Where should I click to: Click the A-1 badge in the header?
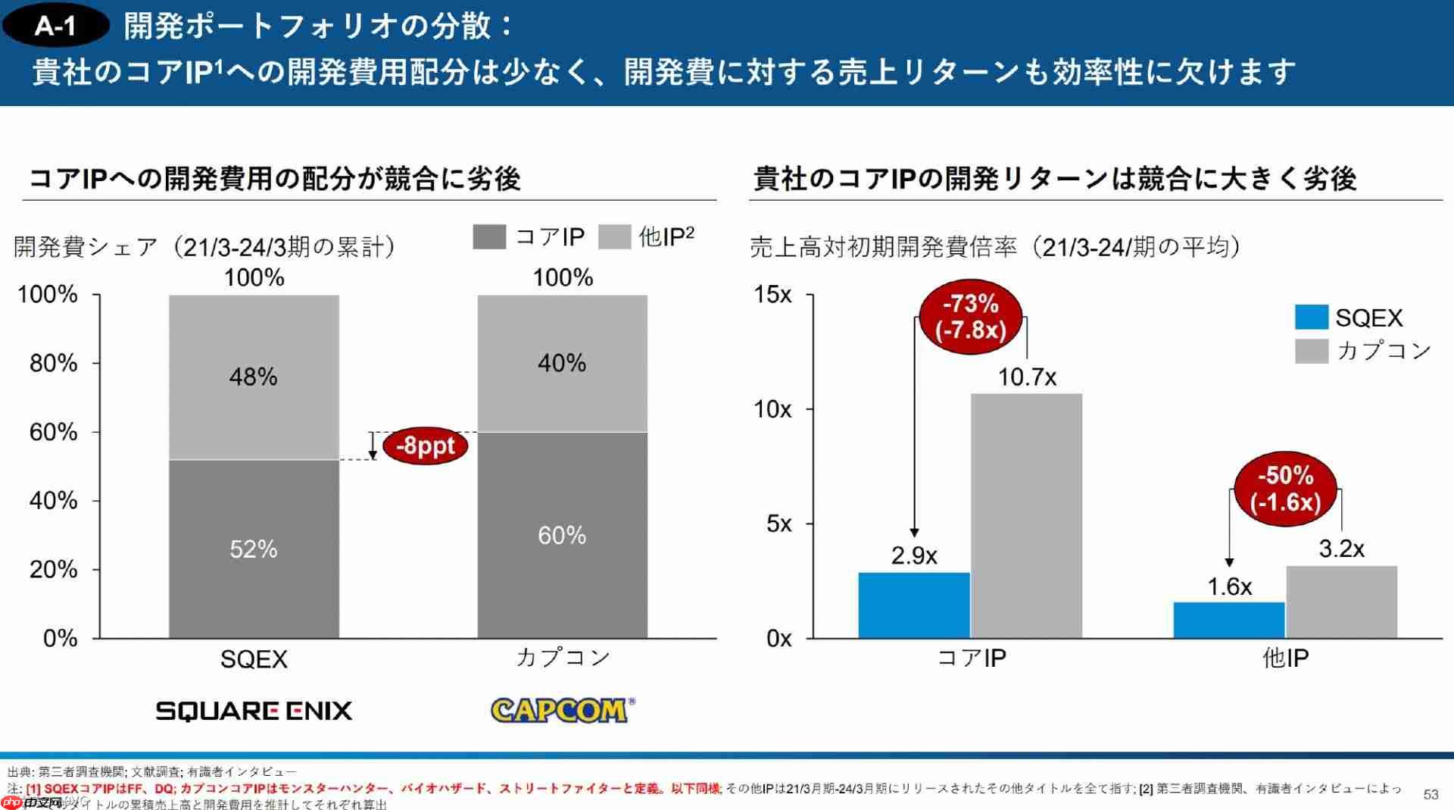(55, 27)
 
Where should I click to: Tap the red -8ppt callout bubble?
(425, 446)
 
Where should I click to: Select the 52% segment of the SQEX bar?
(254, 549)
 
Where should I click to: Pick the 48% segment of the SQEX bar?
(254, 377)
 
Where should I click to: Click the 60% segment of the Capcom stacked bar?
(562, 535)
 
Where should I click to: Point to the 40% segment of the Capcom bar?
(562, 363)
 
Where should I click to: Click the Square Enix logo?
(254, 710)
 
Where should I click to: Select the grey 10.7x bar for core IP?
(1026, 515)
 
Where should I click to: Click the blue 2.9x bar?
(913, 605)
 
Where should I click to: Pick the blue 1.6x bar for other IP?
(1228, 620)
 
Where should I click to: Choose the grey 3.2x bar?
(1341, 602)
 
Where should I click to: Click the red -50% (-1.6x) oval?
(1285, 489)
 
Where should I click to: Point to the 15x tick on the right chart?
(772, 294)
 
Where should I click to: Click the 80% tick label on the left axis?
(54, 363)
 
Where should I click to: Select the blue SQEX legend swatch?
(1311, 317)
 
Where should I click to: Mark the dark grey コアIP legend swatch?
(489, 236)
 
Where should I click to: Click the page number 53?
(1431, 794)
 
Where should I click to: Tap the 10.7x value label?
(1026, 377)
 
